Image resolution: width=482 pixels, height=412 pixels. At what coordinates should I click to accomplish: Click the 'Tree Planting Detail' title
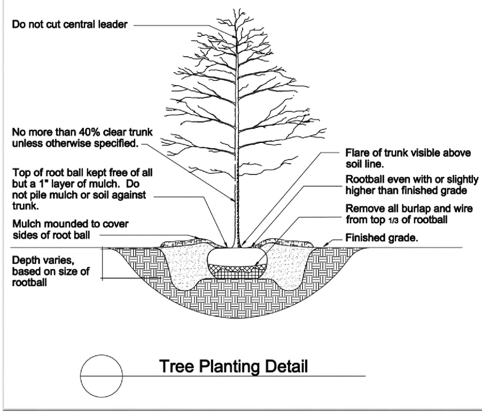point(234,366)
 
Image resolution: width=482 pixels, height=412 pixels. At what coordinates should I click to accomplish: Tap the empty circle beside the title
point(101,376)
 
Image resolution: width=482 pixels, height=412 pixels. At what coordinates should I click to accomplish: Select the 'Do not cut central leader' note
point(69,24)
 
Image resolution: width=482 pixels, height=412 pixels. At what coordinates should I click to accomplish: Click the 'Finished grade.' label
point(382,238)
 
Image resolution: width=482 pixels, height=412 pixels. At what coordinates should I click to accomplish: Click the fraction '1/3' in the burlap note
point(393,220)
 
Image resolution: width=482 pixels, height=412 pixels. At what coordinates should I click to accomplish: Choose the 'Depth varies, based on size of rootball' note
point(51,271)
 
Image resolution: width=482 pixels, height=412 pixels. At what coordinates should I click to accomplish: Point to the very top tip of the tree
point(236,9)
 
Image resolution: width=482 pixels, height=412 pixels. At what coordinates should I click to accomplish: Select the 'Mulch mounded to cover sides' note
point(71,229)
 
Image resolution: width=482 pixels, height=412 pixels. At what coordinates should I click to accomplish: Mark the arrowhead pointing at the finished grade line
point(325,245)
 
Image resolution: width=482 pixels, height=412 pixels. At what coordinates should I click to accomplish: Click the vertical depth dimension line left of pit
point(103,263)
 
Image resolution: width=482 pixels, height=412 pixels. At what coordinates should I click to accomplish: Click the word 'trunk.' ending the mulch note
point(26,206)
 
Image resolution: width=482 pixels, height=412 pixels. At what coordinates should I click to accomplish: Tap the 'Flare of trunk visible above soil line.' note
point(408,158)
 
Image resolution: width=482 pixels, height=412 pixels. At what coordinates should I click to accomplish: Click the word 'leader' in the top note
point(113,24)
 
